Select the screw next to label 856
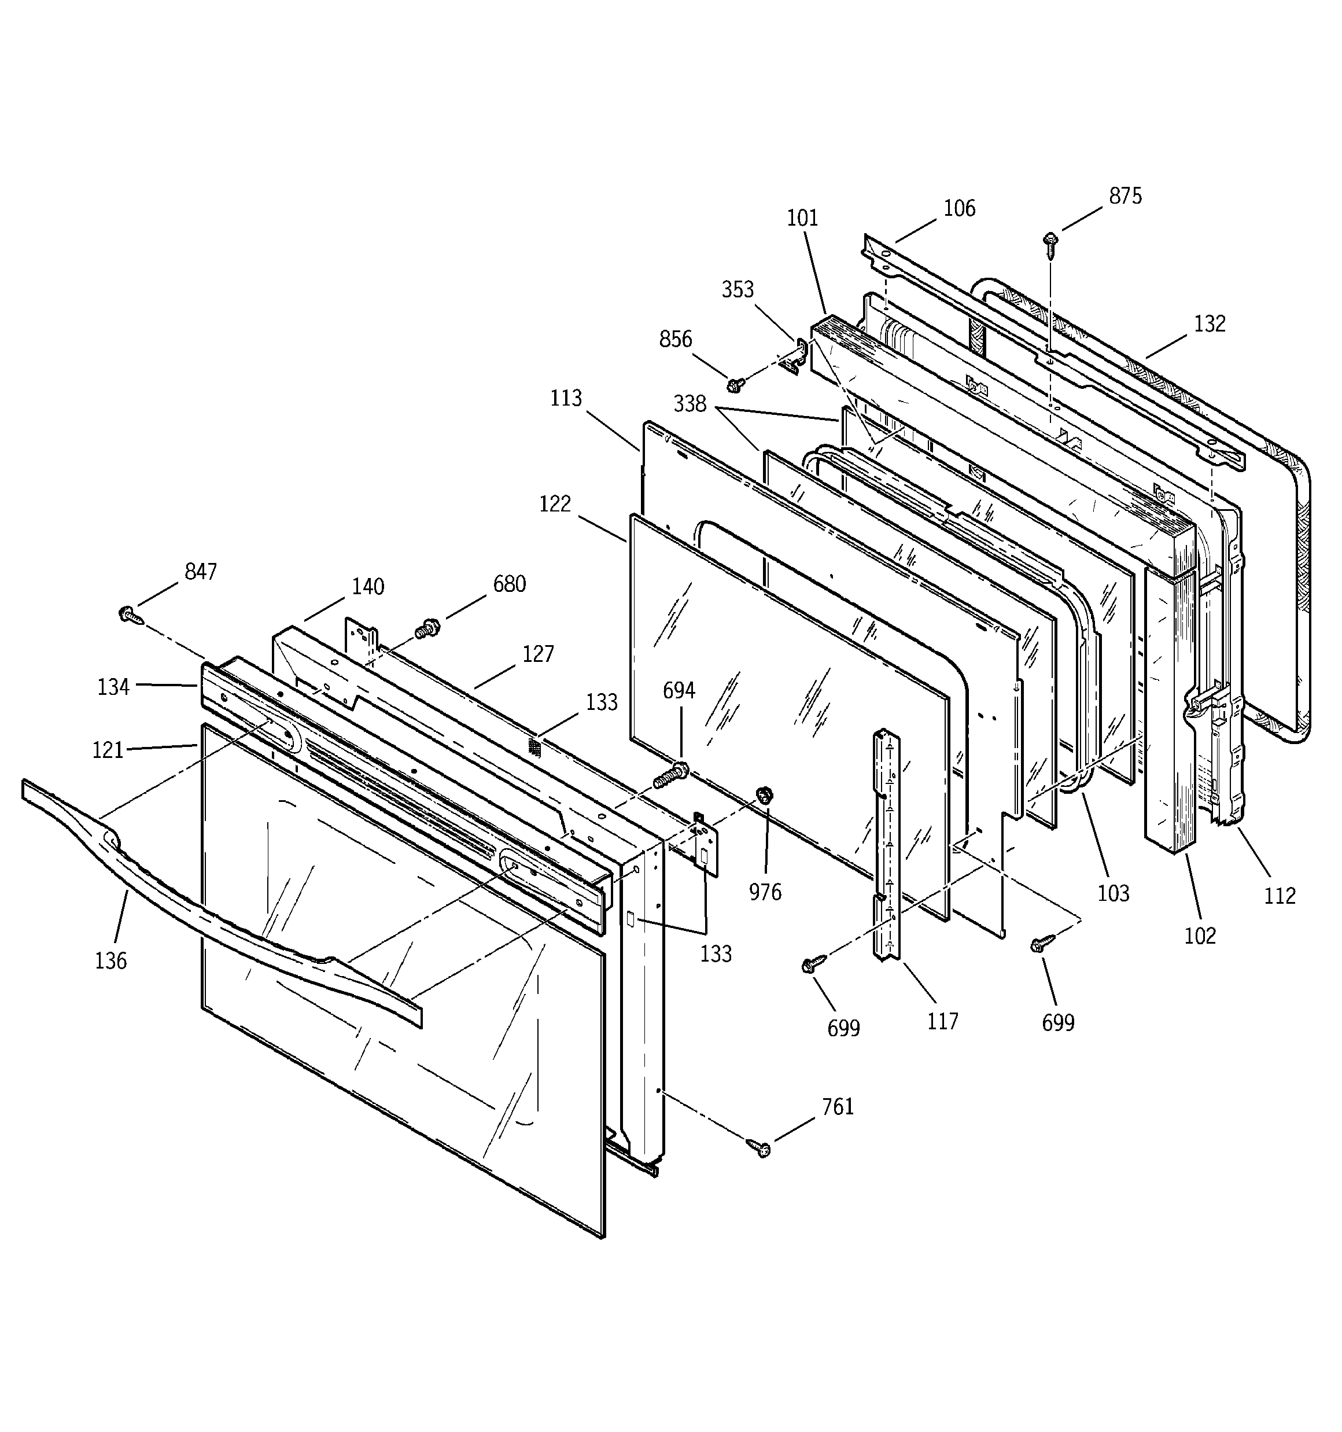click(735, 385)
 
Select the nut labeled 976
click(764, 795)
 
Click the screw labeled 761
click(760, 1147)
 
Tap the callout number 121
click(108, 750)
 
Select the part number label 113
click(566, 398)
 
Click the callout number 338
click(690, 405)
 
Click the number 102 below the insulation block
click(1199, 936)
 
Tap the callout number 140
click(367, 587)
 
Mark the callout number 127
click(538, 654)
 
